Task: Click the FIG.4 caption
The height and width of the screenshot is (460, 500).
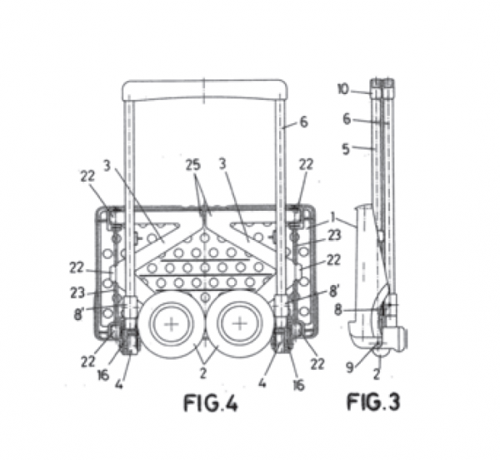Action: (x=211, y=403)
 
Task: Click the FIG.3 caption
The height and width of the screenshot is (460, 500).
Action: (x=372, y=402)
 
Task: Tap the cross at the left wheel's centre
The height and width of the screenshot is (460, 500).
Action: (x=172, y=324)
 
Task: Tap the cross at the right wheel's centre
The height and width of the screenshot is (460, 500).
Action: (x=240, y=324)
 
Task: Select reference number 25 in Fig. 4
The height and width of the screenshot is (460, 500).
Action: (x=193, y=165)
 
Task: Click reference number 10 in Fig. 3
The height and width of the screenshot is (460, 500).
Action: (x=343, y=89)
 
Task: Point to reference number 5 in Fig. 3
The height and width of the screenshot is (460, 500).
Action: (x=346, y=149)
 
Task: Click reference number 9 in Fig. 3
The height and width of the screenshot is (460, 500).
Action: (x=350, y=367)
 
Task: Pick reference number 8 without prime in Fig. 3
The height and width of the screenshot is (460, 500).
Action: (x=338, y=309)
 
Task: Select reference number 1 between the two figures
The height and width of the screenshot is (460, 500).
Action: (x=332, y=217)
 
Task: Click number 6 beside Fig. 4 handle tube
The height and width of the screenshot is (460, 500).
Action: (x=304, y=122)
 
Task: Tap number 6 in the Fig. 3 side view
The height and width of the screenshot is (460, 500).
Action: (x=347, y=119)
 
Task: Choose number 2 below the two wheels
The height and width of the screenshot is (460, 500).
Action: (x=203, y=373)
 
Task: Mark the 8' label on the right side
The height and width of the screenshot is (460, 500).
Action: (x=334, y=290)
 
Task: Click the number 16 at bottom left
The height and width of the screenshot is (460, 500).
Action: (x=103, y=375)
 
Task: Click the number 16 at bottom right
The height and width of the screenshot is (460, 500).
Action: (x=299, y=385)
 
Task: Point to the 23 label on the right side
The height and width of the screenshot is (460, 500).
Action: (x=334, y=236)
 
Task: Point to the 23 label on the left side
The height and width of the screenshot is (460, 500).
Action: (x=77, y=292)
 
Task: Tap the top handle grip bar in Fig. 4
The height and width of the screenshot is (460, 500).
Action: (x=205, y=90)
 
